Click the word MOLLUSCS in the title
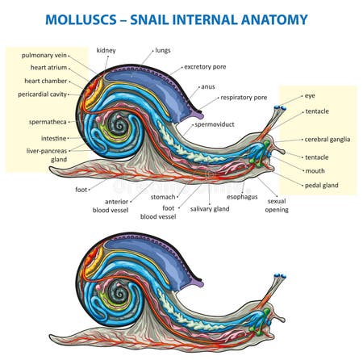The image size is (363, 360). [x=85, y=17]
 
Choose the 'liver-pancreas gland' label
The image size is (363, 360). [x=48, y=155]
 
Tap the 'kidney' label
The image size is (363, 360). [x=106, y=50]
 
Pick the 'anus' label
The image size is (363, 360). [x=208, y=86]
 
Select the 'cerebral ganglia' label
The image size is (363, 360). [x=327, y=140]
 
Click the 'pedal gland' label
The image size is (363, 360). [x=322, y=185]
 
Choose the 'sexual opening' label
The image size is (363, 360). [x=277, y=203]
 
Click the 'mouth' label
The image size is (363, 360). [x=315, y=171]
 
